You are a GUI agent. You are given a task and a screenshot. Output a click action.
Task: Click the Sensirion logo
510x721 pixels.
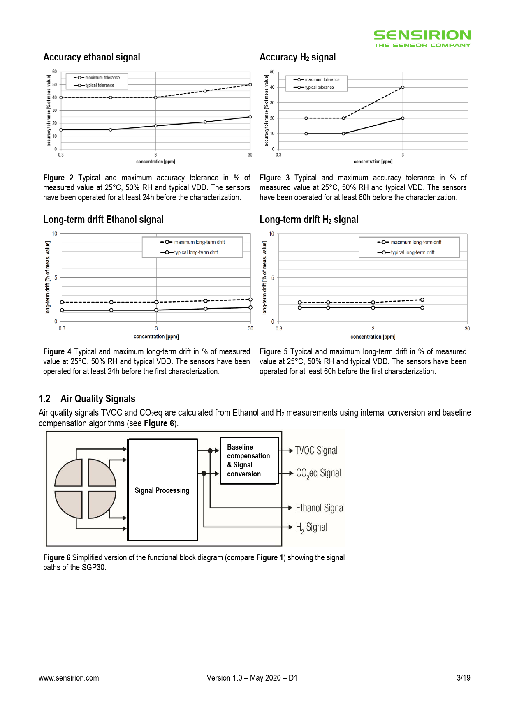coord(422,38)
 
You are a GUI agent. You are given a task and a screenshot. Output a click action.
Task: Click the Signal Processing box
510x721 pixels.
coord(162,490)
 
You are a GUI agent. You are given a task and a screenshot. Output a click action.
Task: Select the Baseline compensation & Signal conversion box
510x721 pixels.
coord(249,460)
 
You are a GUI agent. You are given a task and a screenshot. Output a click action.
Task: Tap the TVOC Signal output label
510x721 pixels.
coord(316,451)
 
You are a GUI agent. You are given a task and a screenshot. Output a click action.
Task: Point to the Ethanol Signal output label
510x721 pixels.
coord(320,508)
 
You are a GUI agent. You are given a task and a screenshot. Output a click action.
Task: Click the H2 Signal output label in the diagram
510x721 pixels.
coord(312,527)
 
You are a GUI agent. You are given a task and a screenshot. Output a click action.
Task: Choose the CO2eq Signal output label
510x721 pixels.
coord(318,474)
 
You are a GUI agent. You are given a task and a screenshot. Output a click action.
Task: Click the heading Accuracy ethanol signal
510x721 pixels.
coord(92,57)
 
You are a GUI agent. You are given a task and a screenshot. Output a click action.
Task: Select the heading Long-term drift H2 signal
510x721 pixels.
coord(308,220)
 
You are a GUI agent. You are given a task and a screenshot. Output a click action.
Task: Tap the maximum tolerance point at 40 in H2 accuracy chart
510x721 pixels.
coord(403,87)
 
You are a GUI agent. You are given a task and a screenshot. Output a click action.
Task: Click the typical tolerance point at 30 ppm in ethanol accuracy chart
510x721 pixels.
coord(250,117)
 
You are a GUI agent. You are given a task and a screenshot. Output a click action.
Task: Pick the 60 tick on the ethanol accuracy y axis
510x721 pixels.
coord(54,72)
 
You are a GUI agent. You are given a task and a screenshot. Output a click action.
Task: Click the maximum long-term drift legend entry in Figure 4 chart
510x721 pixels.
coord(193,242)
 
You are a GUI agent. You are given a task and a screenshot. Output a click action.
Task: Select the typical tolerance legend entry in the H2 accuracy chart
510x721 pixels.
coord(315,88)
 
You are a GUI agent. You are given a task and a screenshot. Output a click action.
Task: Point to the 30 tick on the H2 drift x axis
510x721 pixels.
coord(467,328)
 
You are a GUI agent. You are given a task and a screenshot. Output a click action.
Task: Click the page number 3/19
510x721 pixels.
coord(463,678)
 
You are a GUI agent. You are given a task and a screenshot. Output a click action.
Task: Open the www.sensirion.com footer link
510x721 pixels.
coord(69,678)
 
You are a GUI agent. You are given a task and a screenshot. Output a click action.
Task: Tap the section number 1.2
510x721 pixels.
coord(44,399)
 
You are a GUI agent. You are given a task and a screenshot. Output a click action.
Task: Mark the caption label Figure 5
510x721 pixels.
coord(273,351)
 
